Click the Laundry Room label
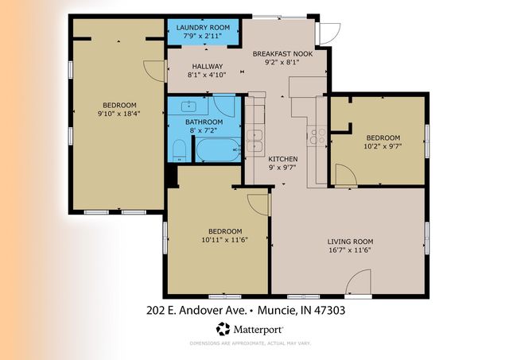point(203,27)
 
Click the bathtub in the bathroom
point(217,149)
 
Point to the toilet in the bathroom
point(180,149)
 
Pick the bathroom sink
point(189,106)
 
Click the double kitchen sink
point(254,140)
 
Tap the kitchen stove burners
point(317,137)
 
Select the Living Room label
point(350,242)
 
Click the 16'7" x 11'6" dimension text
point(350,251)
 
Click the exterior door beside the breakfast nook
point(324,32)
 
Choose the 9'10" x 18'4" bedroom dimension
point(118,114)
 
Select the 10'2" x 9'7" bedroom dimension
point(383,146)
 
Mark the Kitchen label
point(282,158)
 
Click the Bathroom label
point(202,122)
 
